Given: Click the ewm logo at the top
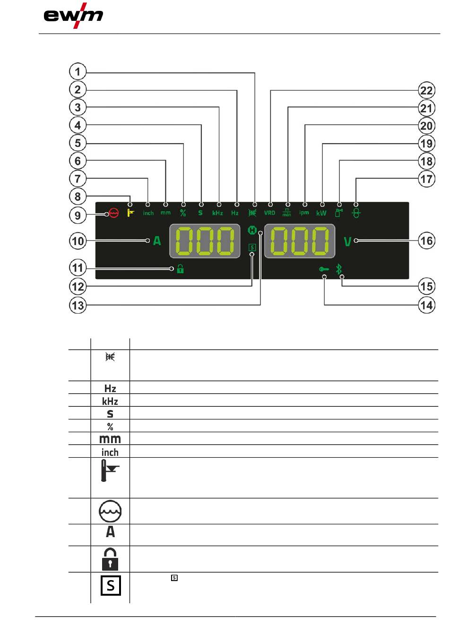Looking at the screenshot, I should [73, 16].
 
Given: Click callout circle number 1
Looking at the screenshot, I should [78, 72].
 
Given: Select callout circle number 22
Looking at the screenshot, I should [426, 90].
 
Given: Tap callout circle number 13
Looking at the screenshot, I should [78, 305].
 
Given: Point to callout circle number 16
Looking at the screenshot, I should [426, 241].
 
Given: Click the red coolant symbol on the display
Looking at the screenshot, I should [113, 213].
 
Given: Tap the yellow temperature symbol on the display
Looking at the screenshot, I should [131, 213].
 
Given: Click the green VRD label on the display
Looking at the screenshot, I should [269, 213].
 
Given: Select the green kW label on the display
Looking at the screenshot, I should [321, 213].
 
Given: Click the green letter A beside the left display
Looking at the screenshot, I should [157, 241].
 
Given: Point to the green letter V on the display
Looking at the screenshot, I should [347, 242].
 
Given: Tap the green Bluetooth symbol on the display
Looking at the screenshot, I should [338, 269].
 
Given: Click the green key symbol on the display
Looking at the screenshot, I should [324, 269].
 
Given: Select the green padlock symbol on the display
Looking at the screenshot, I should [180, 270].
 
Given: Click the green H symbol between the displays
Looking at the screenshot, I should [252, 231].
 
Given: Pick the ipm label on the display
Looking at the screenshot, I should [304, 213].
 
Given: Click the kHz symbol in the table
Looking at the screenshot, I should [110, 401].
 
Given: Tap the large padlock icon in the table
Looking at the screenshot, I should [110, 559].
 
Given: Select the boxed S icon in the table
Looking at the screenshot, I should [110, 586].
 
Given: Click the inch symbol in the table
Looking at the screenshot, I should [110, 452].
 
